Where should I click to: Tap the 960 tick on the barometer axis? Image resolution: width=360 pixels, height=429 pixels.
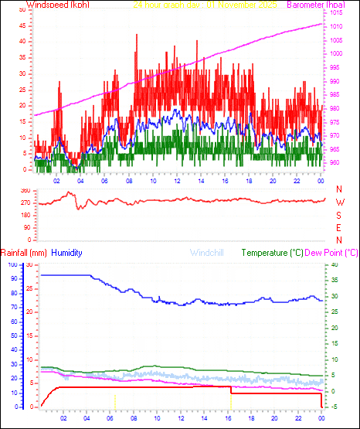point(334,163)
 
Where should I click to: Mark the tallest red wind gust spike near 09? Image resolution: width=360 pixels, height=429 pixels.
point(137,36)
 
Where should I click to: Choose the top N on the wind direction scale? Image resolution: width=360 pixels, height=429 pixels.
point(339,189)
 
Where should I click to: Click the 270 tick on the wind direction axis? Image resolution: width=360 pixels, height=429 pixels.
point(25,203)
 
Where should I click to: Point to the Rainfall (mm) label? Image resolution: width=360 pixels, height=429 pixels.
point(24,253)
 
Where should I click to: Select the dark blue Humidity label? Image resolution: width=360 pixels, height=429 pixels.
point(67,253)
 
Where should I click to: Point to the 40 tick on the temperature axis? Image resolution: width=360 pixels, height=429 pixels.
point(334,264)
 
